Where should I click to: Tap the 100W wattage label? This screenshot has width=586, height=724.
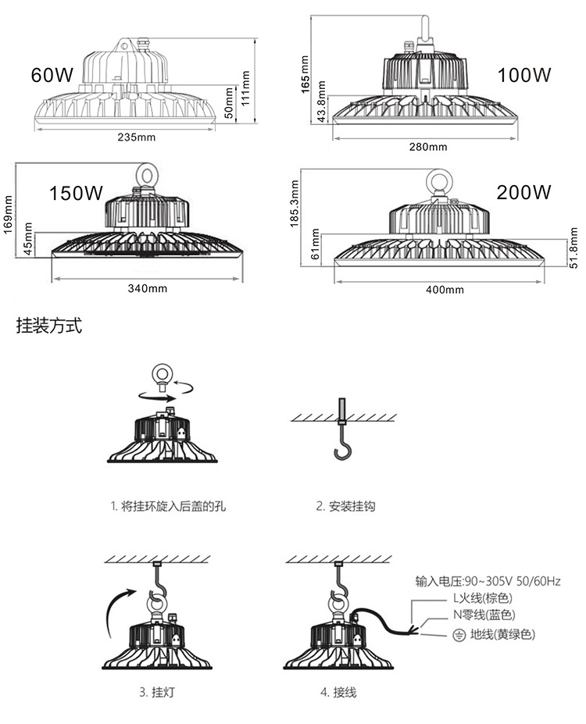point(524,75)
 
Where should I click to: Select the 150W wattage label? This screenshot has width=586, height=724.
point(77,193)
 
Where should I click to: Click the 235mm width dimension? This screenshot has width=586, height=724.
point(136,138)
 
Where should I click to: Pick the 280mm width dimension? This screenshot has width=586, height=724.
point(428,147)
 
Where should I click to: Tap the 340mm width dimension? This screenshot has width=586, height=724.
point(148,289)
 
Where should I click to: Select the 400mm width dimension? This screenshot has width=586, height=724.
point(444,290)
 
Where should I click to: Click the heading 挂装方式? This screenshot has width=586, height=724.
point(49,326)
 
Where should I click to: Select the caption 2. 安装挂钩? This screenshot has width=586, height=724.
point(345,507)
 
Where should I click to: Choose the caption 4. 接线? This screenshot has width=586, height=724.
point(338,692)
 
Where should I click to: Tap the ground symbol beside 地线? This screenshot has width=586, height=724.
point(459,635)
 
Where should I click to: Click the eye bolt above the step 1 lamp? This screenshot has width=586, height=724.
point(162,373)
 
